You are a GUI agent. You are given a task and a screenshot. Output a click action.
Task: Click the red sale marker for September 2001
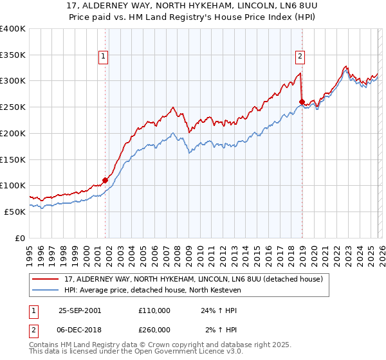pyautogui.click(x=106, y=180)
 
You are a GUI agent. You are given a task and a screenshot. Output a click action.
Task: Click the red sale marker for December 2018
pyautogui.click(x=302, y=102)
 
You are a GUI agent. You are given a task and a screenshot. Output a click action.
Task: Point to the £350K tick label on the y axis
pyautogui.click(x=13, y=55)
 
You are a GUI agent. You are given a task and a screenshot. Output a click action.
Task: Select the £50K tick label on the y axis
pyautogui.click(x=15, y=212)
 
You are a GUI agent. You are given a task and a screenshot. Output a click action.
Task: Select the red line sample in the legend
pyautogui.click(x=46, y=278)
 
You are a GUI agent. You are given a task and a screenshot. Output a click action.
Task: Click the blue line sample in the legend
pyautogui.click(x=46, y=289)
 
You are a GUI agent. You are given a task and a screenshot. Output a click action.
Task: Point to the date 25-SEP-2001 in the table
pyautogui.click(x=79, y=310)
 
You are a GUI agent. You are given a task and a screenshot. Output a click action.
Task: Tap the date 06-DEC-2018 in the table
pyautogui.click(x=80, y=329)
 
